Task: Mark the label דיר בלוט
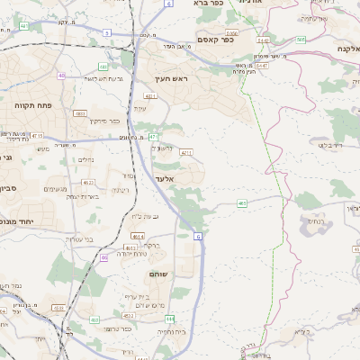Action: point(330,144)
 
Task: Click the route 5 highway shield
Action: point(106,32)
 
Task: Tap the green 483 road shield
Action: point(242,204)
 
